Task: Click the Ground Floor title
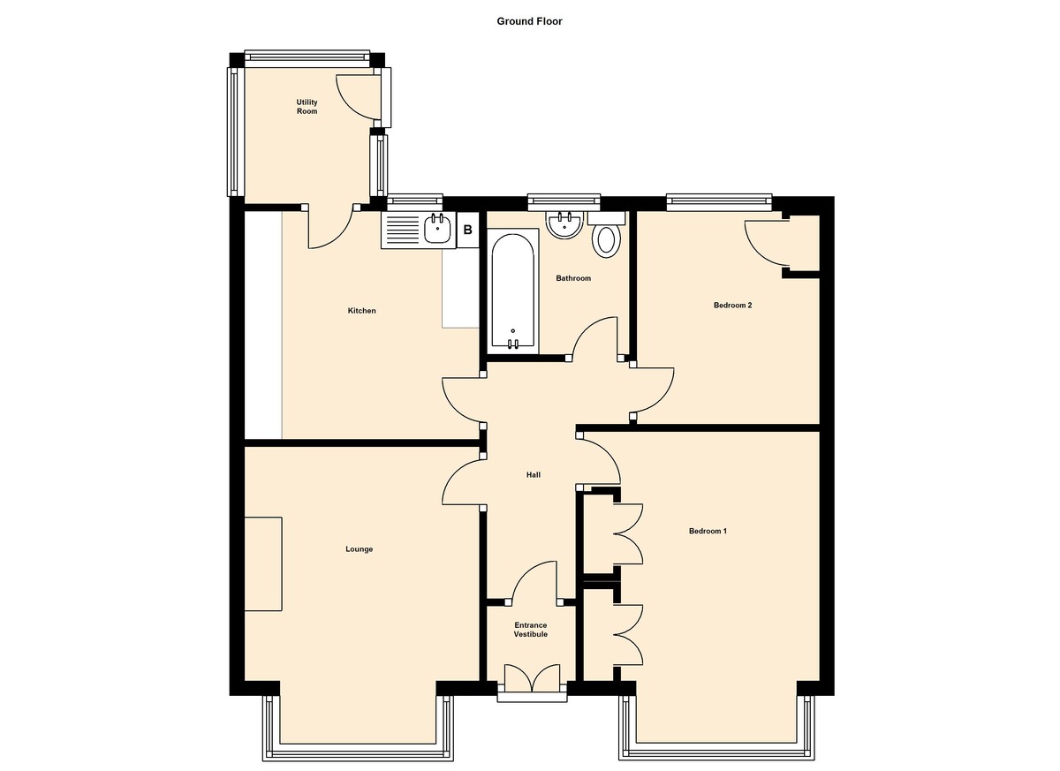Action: (529, 21)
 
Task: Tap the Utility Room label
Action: (307, 107)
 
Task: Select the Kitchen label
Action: (361, 311)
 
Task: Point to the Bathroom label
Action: (573, 278)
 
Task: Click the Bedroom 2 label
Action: (732, 305)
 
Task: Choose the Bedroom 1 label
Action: (708, 531)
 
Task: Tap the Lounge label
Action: (359, 549)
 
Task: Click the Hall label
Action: (534, 475)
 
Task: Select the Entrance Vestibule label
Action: (531, 630)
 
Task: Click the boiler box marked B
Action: (467, 230)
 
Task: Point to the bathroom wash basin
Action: (564, 224)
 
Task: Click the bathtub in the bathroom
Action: (513, 291)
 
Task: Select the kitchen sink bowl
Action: (438, 230)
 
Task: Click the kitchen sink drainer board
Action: (403, 231)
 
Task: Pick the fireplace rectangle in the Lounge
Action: (263, 564)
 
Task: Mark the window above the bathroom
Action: (564, 202)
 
